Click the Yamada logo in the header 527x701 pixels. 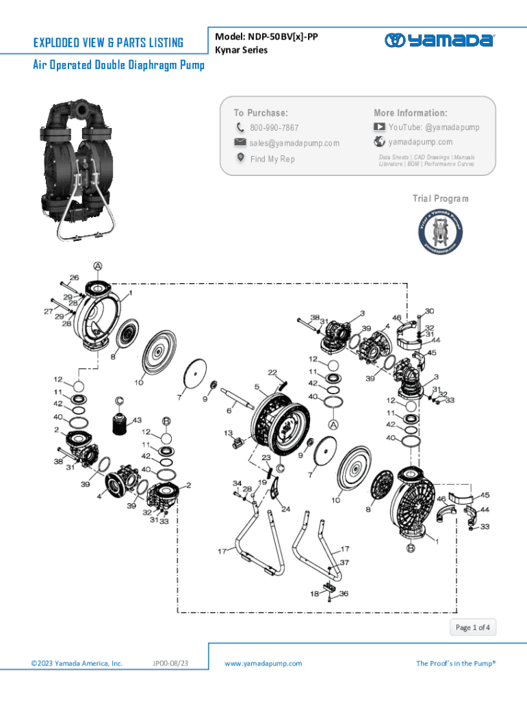(x=439, y=40)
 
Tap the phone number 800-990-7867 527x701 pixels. (x=274, y=128)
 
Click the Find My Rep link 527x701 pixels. (x=272, y=159)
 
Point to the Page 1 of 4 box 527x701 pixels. (x=473, y=627)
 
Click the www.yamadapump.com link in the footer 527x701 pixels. (x=263, y=663)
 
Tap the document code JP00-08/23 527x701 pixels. (x=170, y=663)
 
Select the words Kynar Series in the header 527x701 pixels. (x=241, y=50)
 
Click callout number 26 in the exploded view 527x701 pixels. (x=74, y=278)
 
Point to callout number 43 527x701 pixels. (x=138, y=420)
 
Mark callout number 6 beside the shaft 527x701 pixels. (x=229, y=410)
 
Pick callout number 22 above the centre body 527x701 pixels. (x=272, y=372)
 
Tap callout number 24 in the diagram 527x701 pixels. (x=284, y=509)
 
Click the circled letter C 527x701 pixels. (x=118, y=400)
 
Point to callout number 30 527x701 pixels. (x=429, y=311)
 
